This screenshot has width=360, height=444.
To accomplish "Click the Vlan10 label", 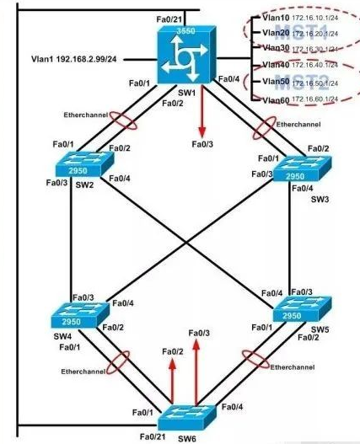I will tap(276, 18).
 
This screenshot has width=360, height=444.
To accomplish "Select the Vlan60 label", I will tap(276, 100).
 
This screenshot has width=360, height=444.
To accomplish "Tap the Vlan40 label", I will tap(276, 65).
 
